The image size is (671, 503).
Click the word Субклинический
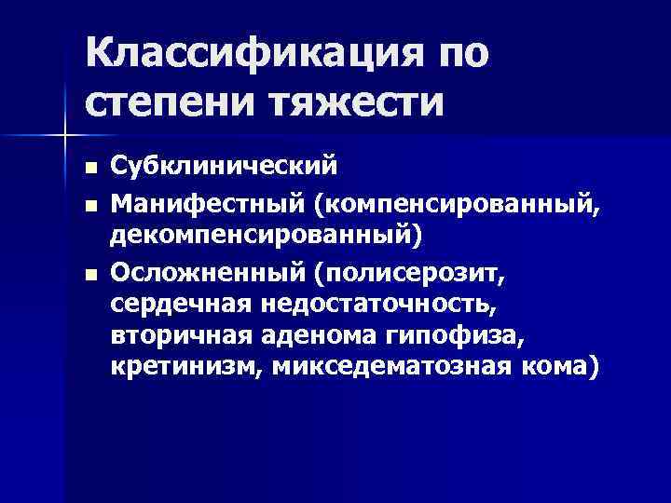coord(223,168)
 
